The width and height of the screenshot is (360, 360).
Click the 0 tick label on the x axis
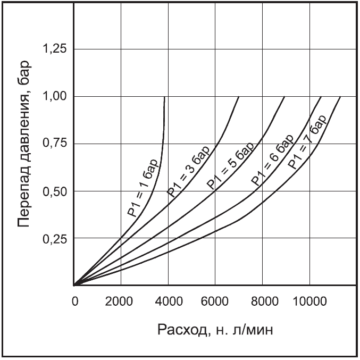(75, 302)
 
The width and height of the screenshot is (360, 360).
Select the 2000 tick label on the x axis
(121, 302)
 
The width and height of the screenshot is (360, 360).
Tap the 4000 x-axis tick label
(168, 302)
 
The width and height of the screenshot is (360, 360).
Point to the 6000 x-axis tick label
(215, 302)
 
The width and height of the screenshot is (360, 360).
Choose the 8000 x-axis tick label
(262, 302)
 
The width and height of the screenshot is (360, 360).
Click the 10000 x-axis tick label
(310, 302)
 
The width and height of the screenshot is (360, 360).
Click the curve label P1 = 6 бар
(272, 161)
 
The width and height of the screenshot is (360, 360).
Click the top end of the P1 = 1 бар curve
(164, 97)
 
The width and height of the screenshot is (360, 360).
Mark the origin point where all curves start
(74, 286)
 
